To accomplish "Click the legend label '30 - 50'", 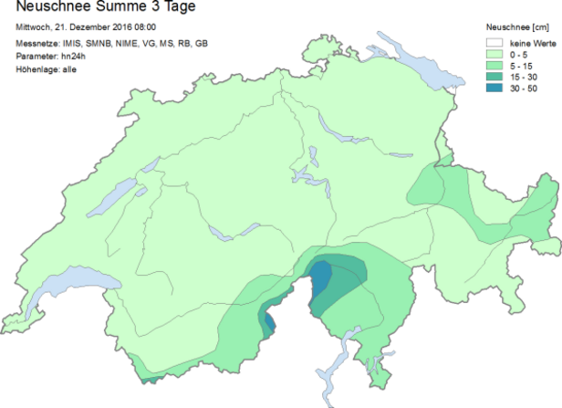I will (x=525, y=89).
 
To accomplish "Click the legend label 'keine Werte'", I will (x=533, y=42).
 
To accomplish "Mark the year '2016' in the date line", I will (x=123, y=28).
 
